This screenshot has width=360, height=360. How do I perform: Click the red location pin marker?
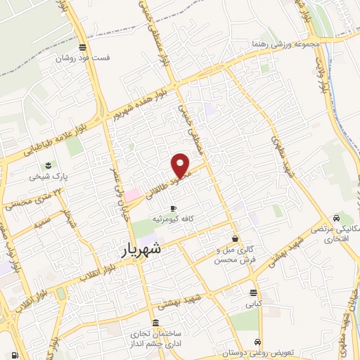pyautogui.click(x=181, y=165)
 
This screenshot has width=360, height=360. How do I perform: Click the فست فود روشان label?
pyautogui.click(x=83, y=59)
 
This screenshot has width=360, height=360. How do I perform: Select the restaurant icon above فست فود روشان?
pyautogui.click(x=83, y=48)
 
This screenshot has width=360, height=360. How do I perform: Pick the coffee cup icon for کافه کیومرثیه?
pyautogui.click(x=173, y=207)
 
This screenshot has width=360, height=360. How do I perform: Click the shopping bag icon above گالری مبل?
pyautogui.click(x=235, y=238)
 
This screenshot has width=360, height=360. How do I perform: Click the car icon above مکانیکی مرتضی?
pyautogui.click(x=339, y=218)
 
